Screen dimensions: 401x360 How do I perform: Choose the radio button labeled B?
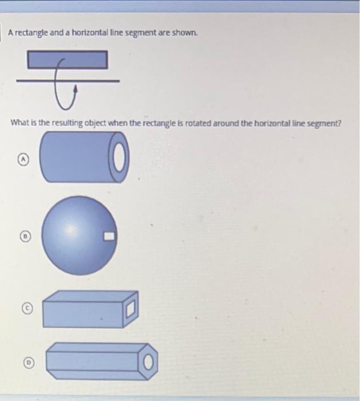pyautogui.click(x=26, y=235)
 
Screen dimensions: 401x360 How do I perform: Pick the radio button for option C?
pyautogui.click(x=26, y=309)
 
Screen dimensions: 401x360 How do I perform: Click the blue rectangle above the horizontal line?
pyautogui.click(x=68, y=60)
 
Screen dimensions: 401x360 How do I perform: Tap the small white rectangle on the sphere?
pyautogui.click(x=109, y=235)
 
